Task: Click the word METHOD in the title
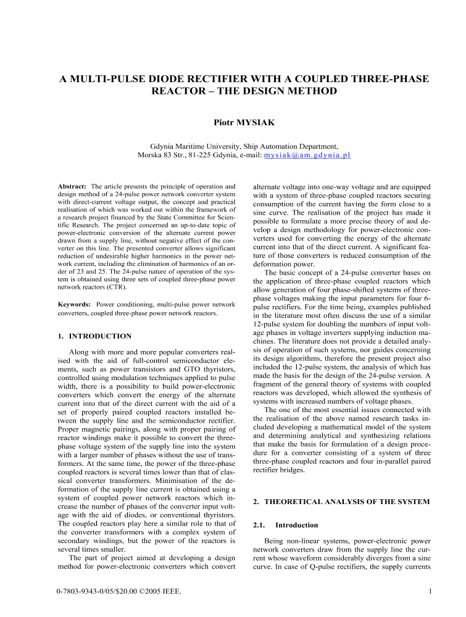pos(308,91)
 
